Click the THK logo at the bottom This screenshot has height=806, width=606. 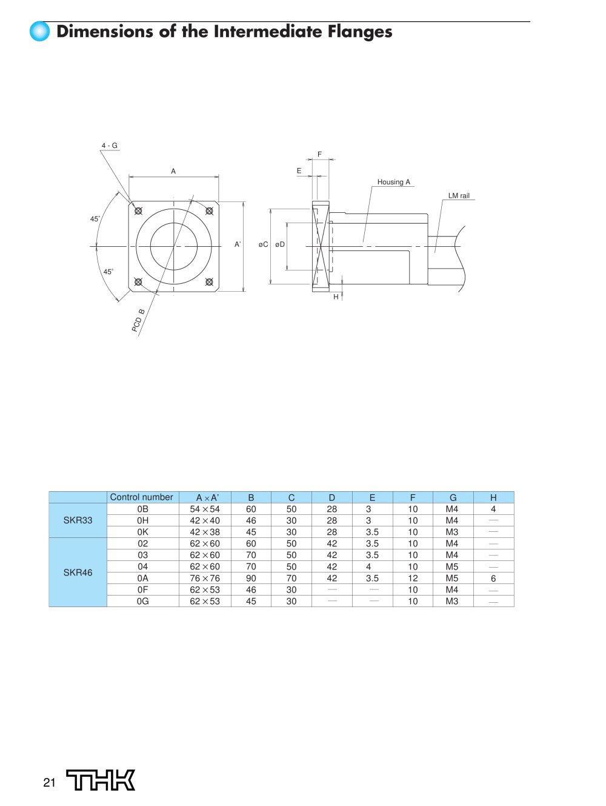[x=101, y=781]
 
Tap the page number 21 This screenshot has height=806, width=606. [x=49, y=783]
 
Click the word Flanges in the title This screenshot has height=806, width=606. [x=360, y=32]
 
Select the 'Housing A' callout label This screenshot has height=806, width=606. [x=394, y=182]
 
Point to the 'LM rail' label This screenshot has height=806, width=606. [x=459, y=196]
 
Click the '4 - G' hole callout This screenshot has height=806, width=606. [x=109, y=146]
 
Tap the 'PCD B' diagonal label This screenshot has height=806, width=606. [x=138, y=320]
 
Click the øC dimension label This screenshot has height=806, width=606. [x=263, y=244]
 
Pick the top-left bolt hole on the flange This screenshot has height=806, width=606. [x=138, y=211]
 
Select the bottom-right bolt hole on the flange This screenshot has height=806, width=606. [x=210, y=281]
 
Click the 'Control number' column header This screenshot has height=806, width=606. [x=142, y=497]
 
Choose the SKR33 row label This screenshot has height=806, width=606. [x=78, y=520]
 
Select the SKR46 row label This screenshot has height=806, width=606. [x=78, y=572]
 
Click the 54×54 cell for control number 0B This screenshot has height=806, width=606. [x=205, y=509]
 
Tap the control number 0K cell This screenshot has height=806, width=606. [x=142, y=532]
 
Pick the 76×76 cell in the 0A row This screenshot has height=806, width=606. [x=205, y=578]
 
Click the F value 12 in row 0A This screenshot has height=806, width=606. [x=413, y=578]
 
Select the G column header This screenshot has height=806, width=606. [x=453, y=497]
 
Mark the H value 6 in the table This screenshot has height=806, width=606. [x=493, y=578]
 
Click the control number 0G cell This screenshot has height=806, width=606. [x=142, y=601]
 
